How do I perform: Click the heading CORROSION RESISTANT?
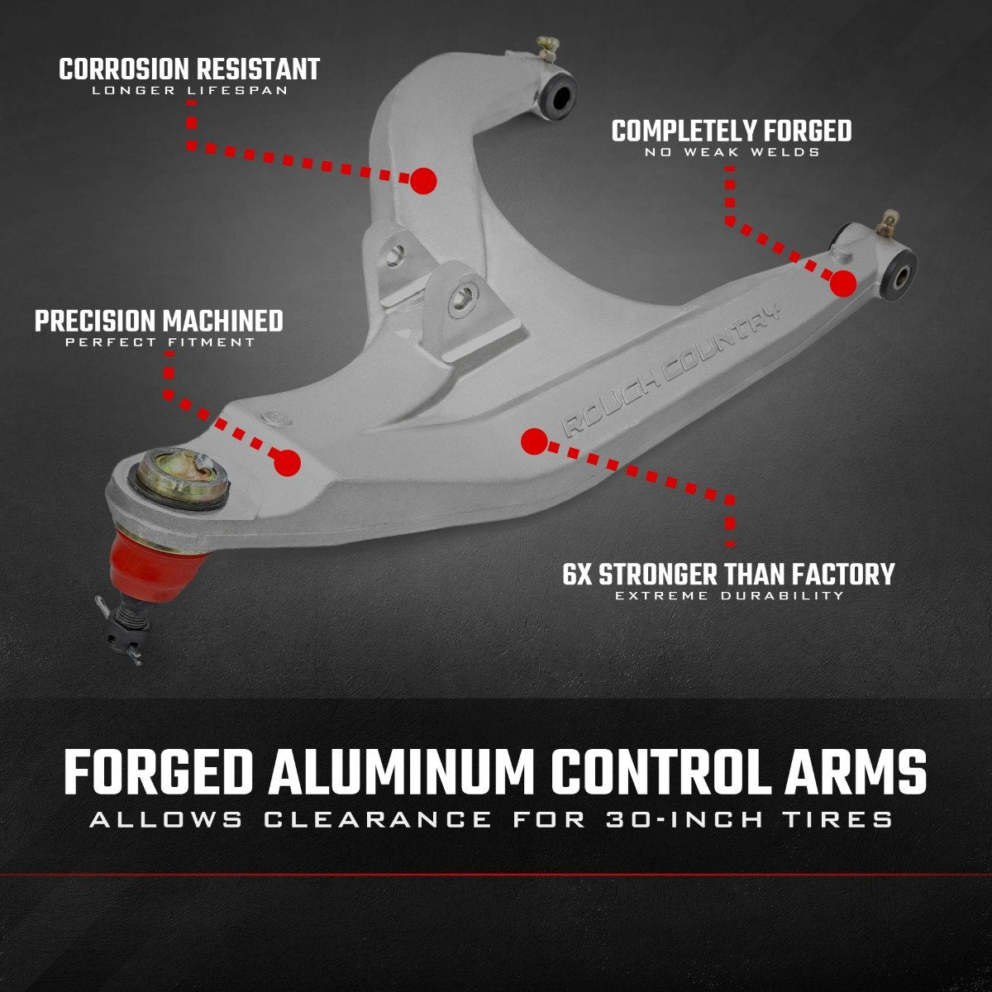coord(189,69)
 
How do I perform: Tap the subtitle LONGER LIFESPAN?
coord(189,90)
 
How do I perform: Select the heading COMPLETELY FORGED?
coord(731,131)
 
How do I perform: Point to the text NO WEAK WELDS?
coord(731,152)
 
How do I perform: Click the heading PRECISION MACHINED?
coord(159,321)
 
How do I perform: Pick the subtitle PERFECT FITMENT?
coord(160,342)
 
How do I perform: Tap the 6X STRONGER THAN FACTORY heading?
coord(728,574)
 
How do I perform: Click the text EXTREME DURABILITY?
coord(729,595)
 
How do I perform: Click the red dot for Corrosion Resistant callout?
coord(423,180)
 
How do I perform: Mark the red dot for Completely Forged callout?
coord(842,284)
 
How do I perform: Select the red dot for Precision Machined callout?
coord(287,463)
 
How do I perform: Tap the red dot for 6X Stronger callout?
coord(534,441)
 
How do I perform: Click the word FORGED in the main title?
coord(157,774)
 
